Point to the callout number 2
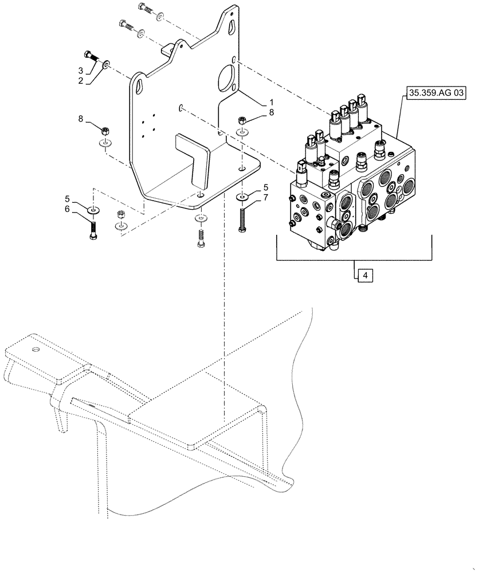[81, 81]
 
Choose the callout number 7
[265, 198]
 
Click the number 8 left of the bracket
[81, 119]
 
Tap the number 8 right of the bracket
[271, 113]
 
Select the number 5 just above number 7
[265, 187]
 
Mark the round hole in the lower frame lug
[36, 350]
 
